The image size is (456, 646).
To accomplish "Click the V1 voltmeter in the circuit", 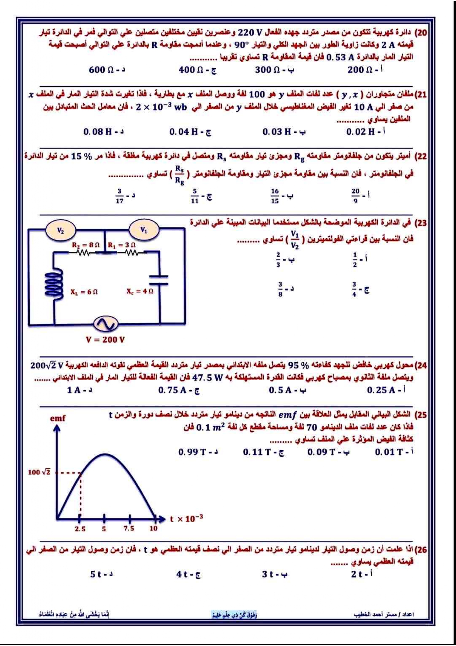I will [x=144, y=230].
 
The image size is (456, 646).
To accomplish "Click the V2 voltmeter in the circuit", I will [x=61, y=230].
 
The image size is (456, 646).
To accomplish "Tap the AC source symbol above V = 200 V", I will [x=106, y=324].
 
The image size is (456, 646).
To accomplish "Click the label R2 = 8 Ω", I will [x=86, y=245].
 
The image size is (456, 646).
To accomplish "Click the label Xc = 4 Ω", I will [x=140, y=291].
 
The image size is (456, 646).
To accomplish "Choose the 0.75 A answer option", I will [x=179, y=390].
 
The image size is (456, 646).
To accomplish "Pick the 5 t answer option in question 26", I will [x=101, y=574].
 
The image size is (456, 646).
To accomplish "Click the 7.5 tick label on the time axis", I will [x=129, y=529].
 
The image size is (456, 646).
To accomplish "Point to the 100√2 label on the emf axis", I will [x=39, y=472].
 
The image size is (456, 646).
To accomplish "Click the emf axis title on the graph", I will [x=58, y=418].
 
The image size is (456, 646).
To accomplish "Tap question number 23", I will [x=420, y=223].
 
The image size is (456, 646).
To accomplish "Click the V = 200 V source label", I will [x=105, y=339].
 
